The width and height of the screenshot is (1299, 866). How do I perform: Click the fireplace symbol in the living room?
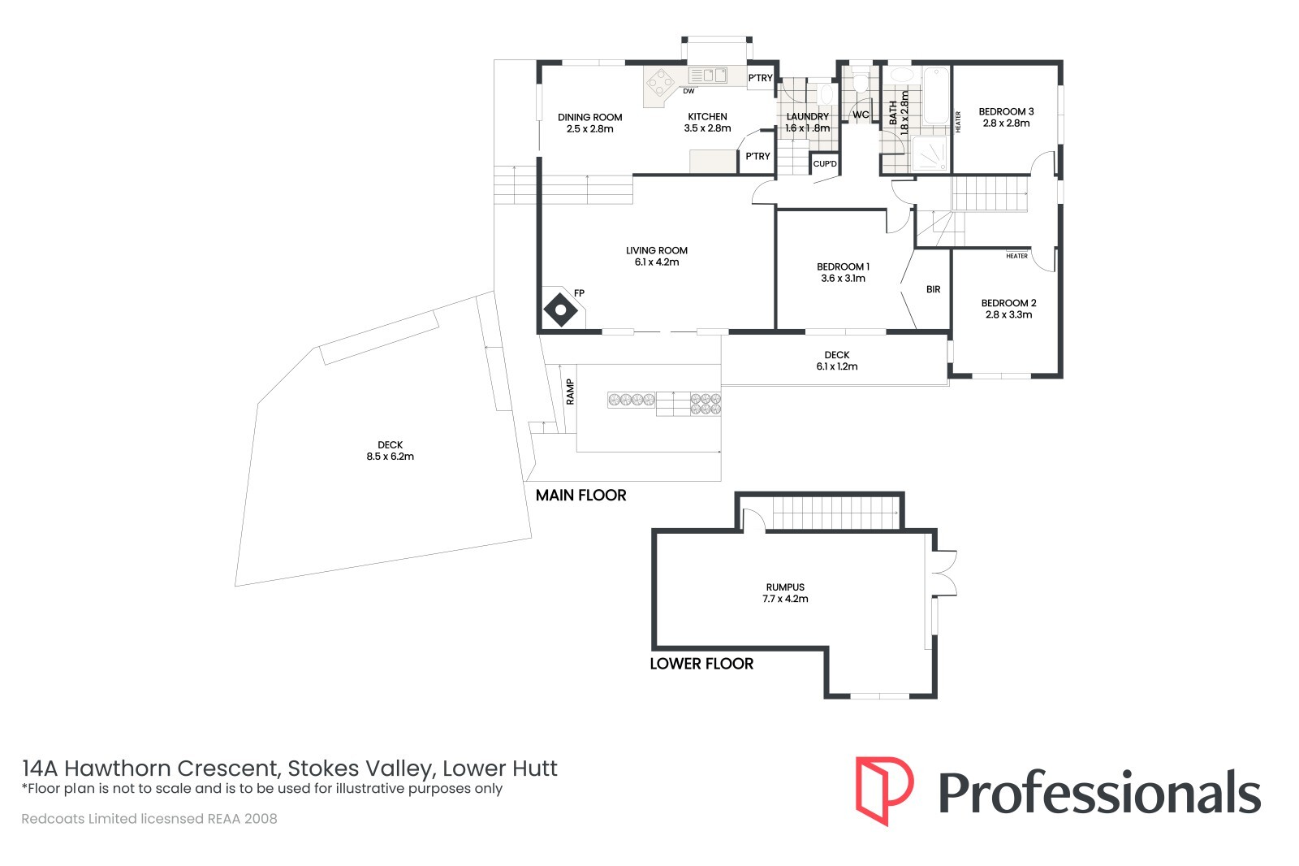click(561, 310)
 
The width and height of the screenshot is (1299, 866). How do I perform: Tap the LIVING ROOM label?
click(657, 251)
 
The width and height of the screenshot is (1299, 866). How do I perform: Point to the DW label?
click(688, 91)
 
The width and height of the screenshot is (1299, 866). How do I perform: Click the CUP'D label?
click(825, 163)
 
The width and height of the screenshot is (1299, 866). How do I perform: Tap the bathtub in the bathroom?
click(936, 97)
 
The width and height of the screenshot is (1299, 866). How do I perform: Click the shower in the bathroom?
click(930, 154)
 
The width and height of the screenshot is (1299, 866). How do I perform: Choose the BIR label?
click(933, 289)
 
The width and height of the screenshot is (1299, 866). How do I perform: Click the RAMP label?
click(570, 392)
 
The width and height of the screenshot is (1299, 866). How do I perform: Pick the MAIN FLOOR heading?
click(580, 495)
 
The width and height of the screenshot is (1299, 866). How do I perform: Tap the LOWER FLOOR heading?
click(701, 664)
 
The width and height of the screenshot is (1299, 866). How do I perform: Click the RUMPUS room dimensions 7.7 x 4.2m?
click(785, 599)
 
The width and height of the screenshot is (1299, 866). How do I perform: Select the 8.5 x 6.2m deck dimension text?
click(391, 457)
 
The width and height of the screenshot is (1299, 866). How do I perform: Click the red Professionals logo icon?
click(884, 791)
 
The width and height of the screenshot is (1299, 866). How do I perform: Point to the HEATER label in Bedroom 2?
click(1016, 256)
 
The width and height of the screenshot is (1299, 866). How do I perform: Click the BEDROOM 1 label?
click(844, 267)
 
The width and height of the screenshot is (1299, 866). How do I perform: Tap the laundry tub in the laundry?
click(827, 94)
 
